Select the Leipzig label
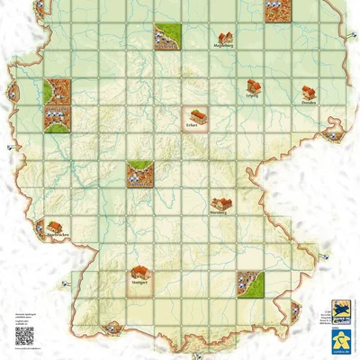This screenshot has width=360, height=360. tap(253, 95)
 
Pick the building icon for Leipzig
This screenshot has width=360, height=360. tap(254, 86)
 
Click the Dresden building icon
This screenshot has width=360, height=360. tap(309, 92)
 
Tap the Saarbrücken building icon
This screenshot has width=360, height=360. tap(56, 227)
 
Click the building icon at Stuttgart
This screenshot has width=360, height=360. tap(139, 271)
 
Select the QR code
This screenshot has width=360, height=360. tap(24, 337)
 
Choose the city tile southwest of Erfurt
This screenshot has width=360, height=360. tap(139, 175)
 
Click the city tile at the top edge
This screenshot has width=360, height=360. tap(276, 10)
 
